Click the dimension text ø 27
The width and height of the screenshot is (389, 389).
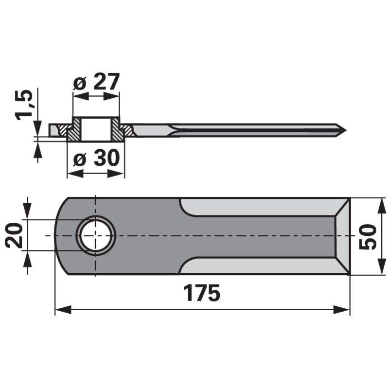pyautogui.click(x=96, y=83)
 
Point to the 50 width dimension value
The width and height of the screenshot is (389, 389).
pyautogui.click(x=369, y=236)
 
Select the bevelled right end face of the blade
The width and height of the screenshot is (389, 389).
pyautogui.click(x=342, y=236)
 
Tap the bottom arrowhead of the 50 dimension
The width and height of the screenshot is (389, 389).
pyautogui.click(x=378, y=270)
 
